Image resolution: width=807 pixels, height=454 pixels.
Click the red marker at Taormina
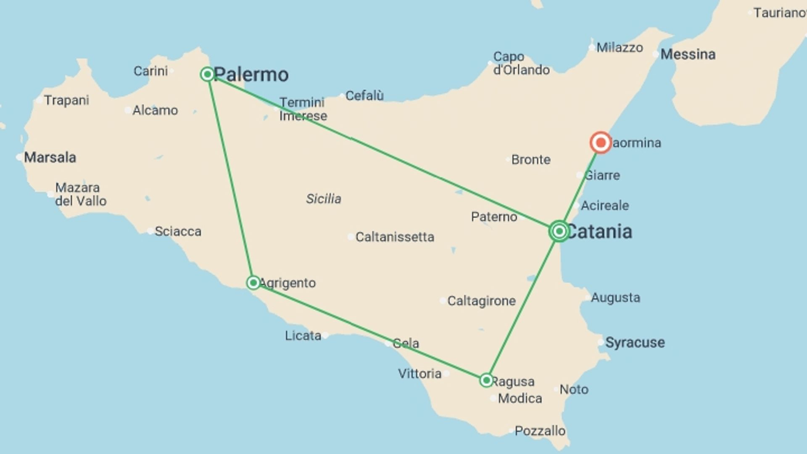[600, 143]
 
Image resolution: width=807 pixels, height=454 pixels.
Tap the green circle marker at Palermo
[207, 74]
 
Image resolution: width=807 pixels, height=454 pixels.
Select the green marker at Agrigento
[253, 282]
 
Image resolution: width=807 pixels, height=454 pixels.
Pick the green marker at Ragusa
[486, 380]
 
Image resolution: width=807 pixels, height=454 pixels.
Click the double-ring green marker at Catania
[559, 231]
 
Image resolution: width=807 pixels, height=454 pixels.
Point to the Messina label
[688, 54]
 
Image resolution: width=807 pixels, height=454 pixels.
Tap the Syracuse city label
[635, 343]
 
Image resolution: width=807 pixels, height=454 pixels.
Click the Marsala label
[50, 158]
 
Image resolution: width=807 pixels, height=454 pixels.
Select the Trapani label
[66, 100]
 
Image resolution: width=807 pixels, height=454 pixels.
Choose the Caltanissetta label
[395, 237]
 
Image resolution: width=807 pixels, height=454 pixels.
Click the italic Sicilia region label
[323, 199]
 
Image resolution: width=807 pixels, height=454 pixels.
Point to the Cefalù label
[364, 96]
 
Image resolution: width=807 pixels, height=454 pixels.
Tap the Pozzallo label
[540, 431]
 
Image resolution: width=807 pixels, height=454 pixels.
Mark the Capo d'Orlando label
[521, 63]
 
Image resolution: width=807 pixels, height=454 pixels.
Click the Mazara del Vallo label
[81, 194]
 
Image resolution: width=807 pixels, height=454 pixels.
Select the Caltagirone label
[481, 301]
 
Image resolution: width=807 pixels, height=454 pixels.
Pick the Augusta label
[615, 298]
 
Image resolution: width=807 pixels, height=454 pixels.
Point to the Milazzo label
[620, 48]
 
